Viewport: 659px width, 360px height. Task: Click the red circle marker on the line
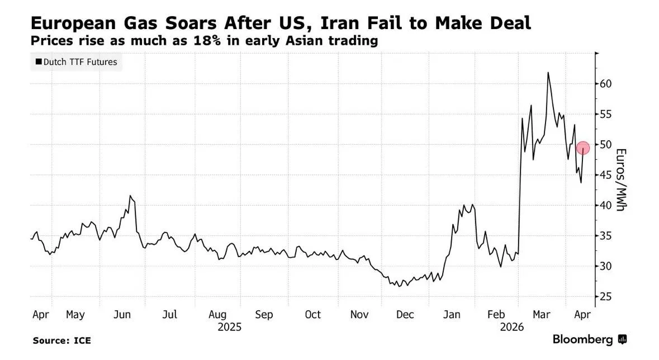pyautogui.click(x=583, y=148)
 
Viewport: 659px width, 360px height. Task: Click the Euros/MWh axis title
pyautogui.click(x=621, y=180)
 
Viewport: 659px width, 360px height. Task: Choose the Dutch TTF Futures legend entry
pyautogui.click(x=76, y=62)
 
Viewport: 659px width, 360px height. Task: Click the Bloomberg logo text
pyautogui.click(x=583, y=339)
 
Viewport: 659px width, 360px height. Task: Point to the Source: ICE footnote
pyautogui.click(x=61, y=340)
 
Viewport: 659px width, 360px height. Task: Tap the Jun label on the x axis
pyautogui.click(x=123, y=315)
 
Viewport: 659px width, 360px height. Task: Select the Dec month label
pyautogui.click(x=405, y=315)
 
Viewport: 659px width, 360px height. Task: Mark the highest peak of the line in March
pyautogui.click(x=548, y=72)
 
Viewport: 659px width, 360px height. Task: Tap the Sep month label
pyautogui.click(x=263, y=315)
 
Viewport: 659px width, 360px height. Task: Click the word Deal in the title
pyautogui.click(x=504, y=23)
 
